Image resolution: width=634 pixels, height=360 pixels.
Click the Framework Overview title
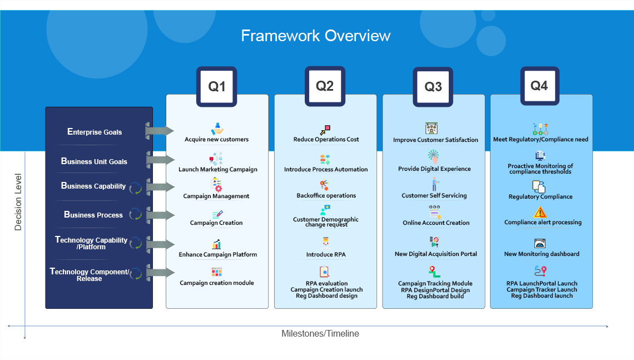316,36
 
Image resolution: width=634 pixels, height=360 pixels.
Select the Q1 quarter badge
217,87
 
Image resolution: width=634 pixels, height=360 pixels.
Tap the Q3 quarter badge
433,87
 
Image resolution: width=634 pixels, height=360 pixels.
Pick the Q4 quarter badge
540,86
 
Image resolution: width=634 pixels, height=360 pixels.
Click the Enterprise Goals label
95,132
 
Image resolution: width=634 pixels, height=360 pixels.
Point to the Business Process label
93,215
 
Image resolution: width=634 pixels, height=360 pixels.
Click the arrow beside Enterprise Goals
160,131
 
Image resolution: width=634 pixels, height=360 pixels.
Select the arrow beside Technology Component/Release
160,272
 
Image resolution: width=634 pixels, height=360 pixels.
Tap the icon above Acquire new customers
217,129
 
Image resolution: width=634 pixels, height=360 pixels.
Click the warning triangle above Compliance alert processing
540,213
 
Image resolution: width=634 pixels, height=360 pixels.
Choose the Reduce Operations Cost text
326,139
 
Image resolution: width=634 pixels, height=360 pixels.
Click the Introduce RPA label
326,254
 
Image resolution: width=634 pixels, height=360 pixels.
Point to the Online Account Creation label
436,223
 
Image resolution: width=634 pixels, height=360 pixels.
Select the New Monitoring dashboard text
542,254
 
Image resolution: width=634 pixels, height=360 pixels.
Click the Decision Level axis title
18,202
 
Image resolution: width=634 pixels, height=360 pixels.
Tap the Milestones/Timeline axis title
320,334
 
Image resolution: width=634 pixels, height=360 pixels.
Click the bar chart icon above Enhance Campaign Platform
217,244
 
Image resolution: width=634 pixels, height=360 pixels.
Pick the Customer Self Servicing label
434,195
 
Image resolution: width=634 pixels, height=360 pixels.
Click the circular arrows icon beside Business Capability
136,188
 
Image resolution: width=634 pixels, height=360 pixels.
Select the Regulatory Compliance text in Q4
541,196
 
